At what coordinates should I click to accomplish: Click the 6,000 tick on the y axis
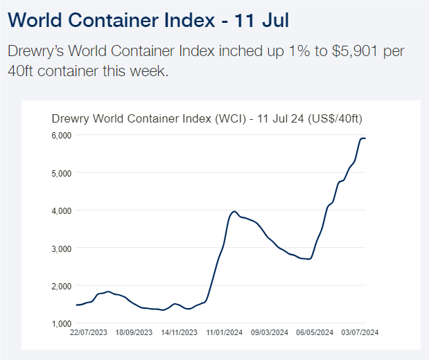pyautogui.click(x=62, y=135)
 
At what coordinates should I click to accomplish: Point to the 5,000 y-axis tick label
pyautogui.click(x=62, y=172)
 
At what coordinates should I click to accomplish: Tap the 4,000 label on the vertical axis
pyautogui.click(x=62, y=210)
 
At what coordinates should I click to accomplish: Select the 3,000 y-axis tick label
pyautogui.click(x=62, y=248)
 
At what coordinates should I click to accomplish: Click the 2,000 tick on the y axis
pyautogui.click(x=62, y=286)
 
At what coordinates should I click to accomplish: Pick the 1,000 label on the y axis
pyautogui.click(x=62, y=323)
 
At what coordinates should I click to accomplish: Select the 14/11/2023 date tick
pyautogui.click(x=179, y=333)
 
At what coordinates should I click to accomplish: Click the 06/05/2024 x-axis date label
pyautogui.click(x=315, y=333)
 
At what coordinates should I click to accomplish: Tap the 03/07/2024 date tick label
pyautogui.click(x=360, y=333)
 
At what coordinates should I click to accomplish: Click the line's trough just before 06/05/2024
pyautogui.click(x=309, y=259)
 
